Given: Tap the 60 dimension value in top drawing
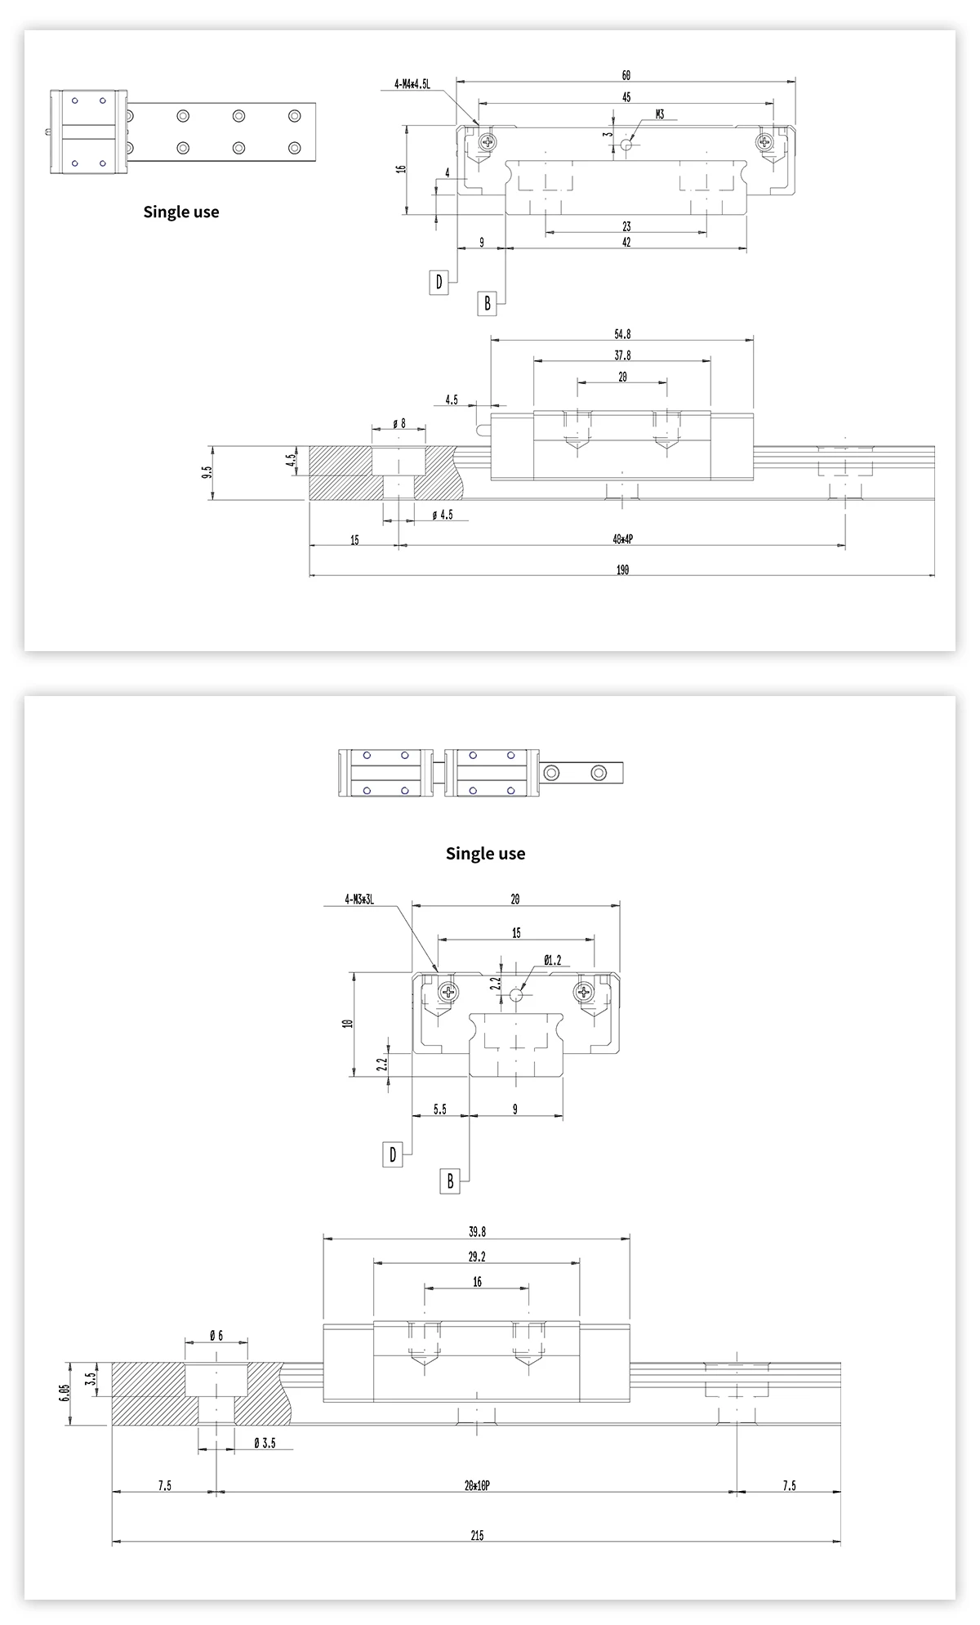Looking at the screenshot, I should coord(626,75).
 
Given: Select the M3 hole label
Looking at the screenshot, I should coord(660,114).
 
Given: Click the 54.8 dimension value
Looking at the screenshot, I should coord(622,334).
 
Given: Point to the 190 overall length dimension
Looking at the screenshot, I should coord(622,570).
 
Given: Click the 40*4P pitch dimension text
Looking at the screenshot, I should coord(622,540).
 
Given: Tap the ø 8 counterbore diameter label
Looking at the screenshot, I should coord(399,423).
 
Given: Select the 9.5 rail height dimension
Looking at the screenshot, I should coord(207,473).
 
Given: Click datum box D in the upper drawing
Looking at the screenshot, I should coord(439,283).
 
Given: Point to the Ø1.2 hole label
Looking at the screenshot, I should coord(552,960).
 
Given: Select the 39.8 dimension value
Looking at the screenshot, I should coord(477,1232).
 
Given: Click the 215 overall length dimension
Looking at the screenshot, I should coord(477,1536).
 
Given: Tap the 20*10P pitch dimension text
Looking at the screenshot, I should coord(477,1486).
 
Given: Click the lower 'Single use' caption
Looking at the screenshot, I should coord(485,854).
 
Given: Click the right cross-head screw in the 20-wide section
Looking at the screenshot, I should coord(584,993).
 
